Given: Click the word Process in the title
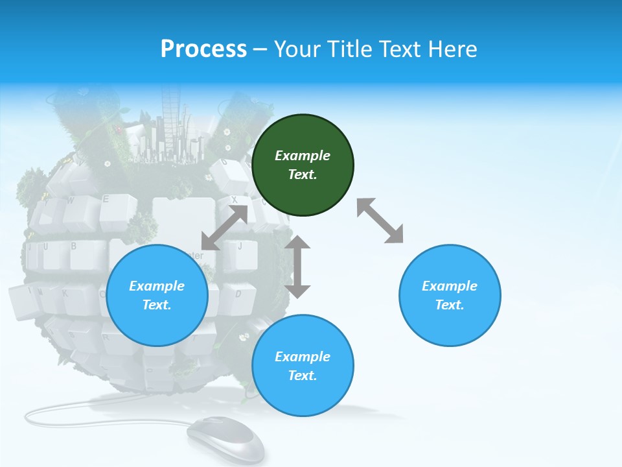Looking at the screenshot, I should coord(203,49).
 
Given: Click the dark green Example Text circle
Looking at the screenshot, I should coord(303,165).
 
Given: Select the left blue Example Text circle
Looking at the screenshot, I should coord(157,296).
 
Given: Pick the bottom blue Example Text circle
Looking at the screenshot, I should coord(303,366).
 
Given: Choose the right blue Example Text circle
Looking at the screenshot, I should coord(450,296).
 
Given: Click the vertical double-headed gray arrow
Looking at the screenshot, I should coord(298,267).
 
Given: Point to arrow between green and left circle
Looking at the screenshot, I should coord(225,227).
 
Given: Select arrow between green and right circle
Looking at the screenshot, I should coord(380,221).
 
